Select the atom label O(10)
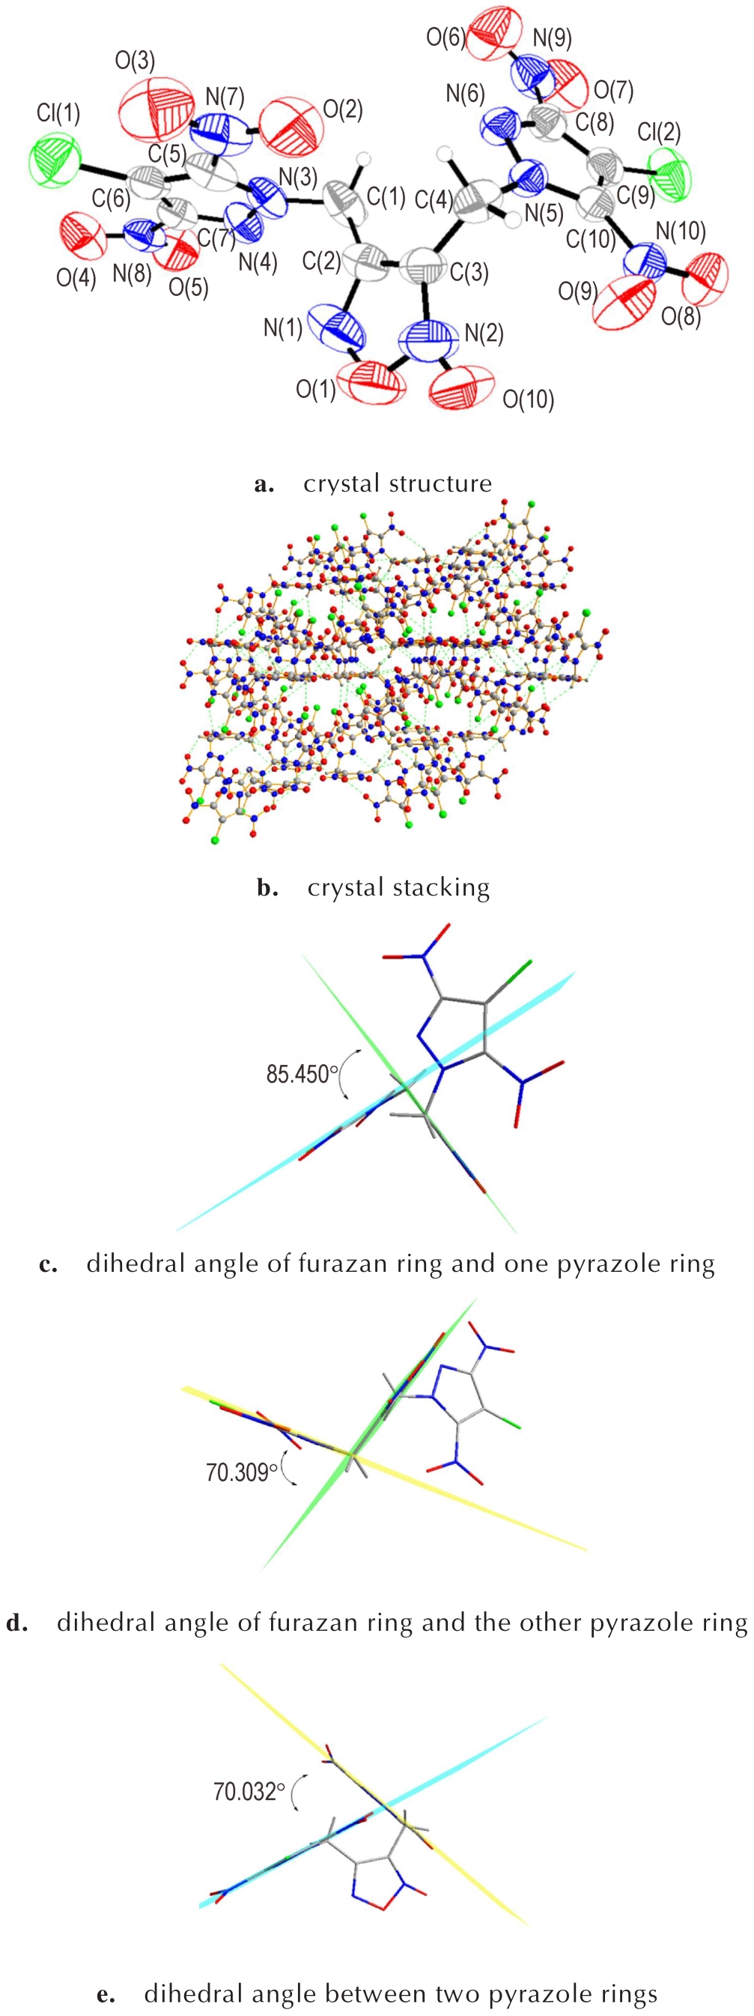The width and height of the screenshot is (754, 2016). [x=528, y=400]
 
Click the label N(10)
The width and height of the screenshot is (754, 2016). [x=681, y=231]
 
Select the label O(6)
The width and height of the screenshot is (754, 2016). [x=446, y=37]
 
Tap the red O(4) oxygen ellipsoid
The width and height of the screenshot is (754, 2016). [x=82, y=238]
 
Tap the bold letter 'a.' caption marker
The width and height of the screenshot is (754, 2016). [x=264, y=484]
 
